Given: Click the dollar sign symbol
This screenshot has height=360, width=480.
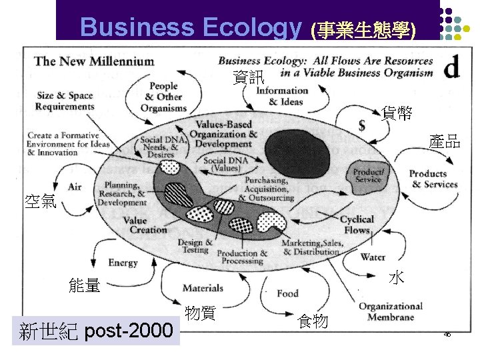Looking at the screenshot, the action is pos(361,125).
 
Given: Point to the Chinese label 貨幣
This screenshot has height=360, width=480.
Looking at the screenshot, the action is pos(397,113).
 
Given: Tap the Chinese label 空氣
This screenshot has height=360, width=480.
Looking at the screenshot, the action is pos(39,200).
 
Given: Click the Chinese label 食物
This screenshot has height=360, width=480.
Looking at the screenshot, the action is pos(313,321).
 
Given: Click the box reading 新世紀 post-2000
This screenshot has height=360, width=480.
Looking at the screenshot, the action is pos(96,331).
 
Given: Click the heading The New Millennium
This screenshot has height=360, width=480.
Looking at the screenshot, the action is pos(94,61).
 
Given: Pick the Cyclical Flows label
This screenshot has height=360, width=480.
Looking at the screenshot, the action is pos(357,225).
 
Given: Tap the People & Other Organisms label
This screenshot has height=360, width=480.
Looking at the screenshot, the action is pos(163,97).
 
